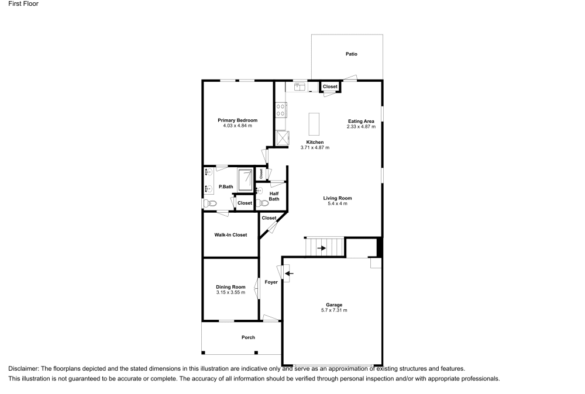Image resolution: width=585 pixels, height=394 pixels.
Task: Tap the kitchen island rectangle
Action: [x=315, y=124]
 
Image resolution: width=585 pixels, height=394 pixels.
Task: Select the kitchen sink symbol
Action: [x=301, y=87]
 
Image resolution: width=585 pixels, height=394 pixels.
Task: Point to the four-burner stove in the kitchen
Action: [x=281, y=110]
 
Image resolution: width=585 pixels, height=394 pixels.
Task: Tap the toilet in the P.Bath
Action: [x=209, y=203]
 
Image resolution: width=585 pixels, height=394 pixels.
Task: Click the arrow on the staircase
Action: [x=321, y=247]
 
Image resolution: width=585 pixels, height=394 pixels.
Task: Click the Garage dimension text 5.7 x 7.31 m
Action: [x=334, y=310]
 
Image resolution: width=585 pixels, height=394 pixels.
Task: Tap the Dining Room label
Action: [x=230, y=287]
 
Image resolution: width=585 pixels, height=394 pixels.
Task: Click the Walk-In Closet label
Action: [x=231, y=235]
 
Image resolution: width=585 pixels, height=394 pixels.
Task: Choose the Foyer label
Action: [x=271, y=282]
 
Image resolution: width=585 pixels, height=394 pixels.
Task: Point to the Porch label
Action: [x=248, y=337]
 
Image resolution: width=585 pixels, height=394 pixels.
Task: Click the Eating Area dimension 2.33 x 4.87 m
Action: [x=360, y=126]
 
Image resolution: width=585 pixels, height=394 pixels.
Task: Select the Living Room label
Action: [x=337, y=198]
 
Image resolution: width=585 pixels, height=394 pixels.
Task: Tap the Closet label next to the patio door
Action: [x=330, y=87]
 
